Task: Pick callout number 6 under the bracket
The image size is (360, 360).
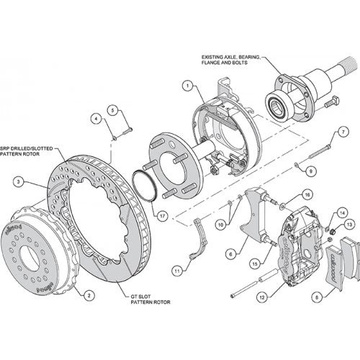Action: tap(230, 253)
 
